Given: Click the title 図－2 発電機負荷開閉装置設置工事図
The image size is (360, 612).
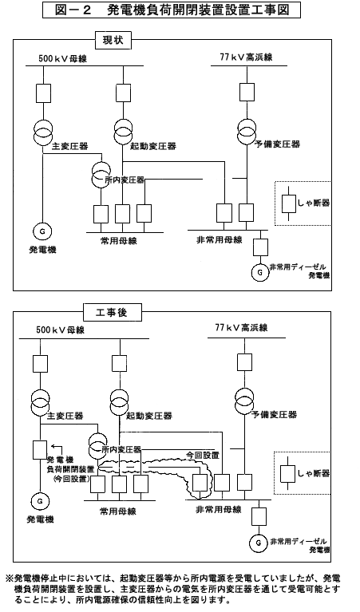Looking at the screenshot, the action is (172, 10).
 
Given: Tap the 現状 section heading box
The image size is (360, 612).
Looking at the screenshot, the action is (113, 40).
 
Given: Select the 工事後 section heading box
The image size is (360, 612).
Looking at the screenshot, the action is (112, 312).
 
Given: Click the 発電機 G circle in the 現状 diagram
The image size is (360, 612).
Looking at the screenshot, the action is (42, 231).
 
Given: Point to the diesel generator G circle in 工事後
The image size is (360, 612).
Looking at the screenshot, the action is (259, 542).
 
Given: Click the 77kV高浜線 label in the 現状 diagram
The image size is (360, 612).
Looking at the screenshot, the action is (246, 57).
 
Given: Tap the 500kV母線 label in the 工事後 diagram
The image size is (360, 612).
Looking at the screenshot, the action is (60, 330).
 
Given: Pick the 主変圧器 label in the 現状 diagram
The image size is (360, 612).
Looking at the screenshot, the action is (70, 146).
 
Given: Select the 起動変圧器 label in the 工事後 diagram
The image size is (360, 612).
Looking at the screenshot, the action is (149, 416).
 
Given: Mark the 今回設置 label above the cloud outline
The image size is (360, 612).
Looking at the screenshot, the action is (202, 455).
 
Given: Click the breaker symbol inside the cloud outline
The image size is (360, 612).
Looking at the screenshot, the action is (200, 484).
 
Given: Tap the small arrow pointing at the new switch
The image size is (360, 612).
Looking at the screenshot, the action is (57, 448).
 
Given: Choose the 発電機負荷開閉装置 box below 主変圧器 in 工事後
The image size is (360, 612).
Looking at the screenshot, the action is (40, 450).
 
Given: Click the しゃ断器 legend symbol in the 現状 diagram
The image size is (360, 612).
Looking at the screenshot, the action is (289, 203).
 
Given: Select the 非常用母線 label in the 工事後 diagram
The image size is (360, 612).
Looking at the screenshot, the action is (219, 509).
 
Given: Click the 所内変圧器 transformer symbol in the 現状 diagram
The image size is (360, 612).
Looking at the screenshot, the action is (101, 175).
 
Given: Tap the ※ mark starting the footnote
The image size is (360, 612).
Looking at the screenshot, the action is (9, 578).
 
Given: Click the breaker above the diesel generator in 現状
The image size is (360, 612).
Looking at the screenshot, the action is (260, 247).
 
